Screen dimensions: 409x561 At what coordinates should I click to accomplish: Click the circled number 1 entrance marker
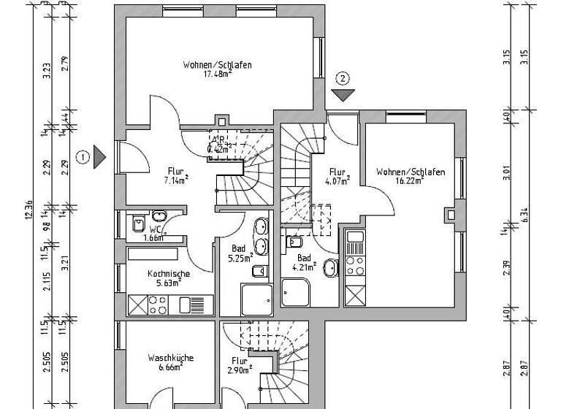coord(83,156)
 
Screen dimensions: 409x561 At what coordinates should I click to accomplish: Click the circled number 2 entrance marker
coord(343,77)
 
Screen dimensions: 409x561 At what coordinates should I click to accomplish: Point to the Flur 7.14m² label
coord(175,175)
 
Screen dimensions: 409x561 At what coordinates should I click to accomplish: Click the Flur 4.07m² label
coord(337,177)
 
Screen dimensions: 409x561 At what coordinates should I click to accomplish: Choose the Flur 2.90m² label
coord(240,364)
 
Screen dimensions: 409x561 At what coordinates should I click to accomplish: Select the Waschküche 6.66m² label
coord(169,362)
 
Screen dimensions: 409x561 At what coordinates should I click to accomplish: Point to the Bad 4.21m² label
coord(306,261)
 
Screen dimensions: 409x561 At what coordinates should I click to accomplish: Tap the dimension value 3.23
coord(46,71)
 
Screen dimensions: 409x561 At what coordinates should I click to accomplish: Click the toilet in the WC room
coord(138,224)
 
